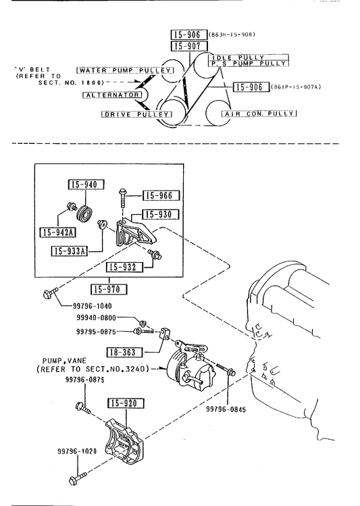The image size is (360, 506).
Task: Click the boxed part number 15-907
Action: click(x=189, y=46)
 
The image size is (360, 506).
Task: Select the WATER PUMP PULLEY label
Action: click(x=126, y=70)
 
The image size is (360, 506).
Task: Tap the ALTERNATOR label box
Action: click(x=112, y=95)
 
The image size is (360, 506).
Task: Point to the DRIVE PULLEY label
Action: click(x=137, y=114)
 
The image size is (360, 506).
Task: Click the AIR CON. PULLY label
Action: click(x=259, y=113)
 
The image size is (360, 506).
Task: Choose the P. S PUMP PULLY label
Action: click(x=249, y=64)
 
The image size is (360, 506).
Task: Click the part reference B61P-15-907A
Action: click(x=296, y=86)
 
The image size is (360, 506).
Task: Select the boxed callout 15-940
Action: click(x=86, y=184)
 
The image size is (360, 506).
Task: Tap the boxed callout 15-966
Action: click(x=161, y=195)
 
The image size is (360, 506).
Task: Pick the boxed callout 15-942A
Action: click(x=57, y=232)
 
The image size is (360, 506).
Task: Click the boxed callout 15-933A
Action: click(x=70, y=251)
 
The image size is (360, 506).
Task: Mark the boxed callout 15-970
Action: click(x=109, y=289)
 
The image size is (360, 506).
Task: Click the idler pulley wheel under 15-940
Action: click(x=86, y=213)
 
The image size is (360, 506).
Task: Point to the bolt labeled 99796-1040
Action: click(x=50, y=293)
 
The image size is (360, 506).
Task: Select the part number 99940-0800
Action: click(x=96, y=318)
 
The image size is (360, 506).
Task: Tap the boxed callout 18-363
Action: click(x=125, y=352)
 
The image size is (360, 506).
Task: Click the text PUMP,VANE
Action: click(x=65, y=361)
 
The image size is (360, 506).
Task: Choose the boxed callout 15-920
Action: click(x=126, y=403)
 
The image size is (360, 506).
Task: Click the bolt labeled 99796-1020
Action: click(x=78, y=478)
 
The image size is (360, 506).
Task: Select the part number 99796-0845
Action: click(x=226, y=409)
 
